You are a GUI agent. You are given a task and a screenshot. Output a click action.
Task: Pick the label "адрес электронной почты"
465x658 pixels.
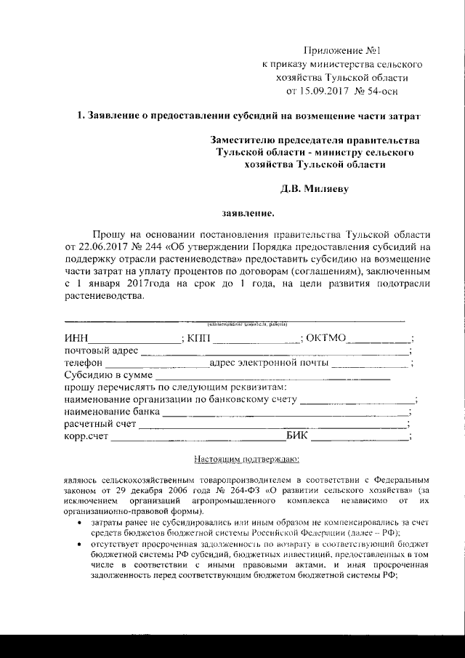pyautogui.click(x=270, y=363)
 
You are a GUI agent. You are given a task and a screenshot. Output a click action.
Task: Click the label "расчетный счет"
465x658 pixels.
pyautogui.click(x=100, y=424)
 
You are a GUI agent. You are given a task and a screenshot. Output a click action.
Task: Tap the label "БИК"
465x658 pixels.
pyautogui.click(x=298, y=436)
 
